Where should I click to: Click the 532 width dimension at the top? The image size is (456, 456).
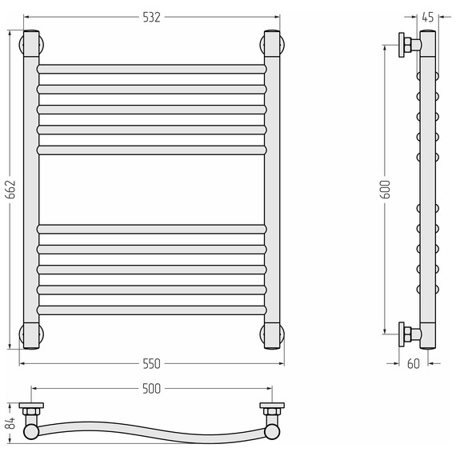(151, 18)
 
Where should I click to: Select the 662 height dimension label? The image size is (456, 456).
(10, 190)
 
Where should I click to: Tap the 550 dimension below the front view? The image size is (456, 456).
(151, 364)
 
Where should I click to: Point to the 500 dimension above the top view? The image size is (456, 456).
(151, 389)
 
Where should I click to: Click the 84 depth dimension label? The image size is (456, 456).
(10, 423)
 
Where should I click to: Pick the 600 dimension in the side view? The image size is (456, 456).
(385, 190)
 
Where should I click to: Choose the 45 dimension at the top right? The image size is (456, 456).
(428, 18)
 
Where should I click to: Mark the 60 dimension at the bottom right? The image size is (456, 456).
(414, 364)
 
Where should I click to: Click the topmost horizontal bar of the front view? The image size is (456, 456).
(151, 70)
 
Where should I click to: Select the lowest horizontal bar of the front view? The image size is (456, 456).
(151, 310)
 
